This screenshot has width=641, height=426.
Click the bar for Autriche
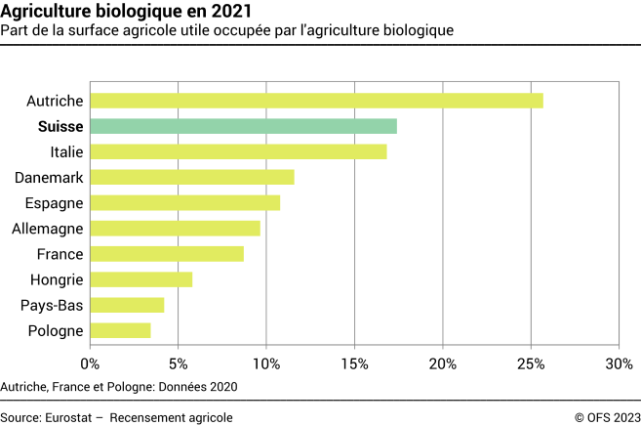tap(316, 101)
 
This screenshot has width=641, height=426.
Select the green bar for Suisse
tap(243, 126)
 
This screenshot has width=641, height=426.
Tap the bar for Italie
tap(238, 151)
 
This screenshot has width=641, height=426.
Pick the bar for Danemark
tap(192, 177)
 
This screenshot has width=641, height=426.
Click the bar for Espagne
tap(184, 202)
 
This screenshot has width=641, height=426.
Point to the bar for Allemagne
tap(175, 228)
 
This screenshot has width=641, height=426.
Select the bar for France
tap(167, 254)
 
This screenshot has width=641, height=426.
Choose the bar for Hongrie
tap(140, 279)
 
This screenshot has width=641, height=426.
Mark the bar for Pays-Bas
tap(127, 305)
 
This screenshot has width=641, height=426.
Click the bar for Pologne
tap(120, 330)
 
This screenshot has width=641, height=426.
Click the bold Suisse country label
tap(60, 126)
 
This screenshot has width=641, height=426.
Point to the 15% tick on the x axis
tap(354, 363)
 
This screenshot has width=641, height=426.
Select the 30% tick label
tap(619, 363)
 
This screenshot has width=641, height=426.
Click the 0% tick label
tap(90, 363)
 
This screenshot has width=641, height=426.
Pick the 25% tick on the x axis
tap(531, 363)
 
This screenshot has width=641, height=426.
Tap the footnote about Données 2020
tap(120, 386)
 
